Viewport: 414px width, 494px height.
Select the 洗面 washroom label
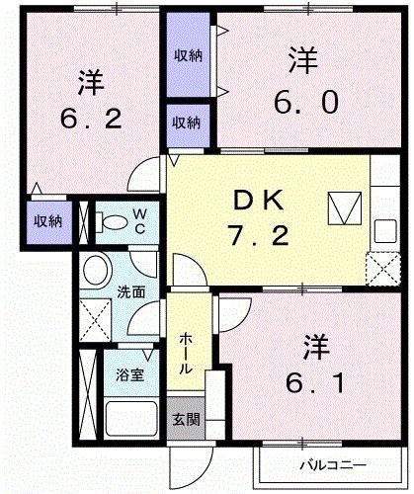tap(132, 292)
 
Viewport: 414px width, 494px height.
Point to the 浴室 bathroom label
tap(128, 375)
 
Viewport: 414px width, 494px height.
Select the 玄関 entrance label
tap(185, 420)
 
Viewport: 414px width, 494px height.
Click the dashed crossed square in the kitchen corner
tap(380, 268)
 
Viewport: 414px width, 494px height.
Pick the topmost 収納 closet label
tap(190, 55)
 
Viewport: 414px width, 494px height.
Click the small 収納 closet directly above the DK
tap(188, 123)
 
